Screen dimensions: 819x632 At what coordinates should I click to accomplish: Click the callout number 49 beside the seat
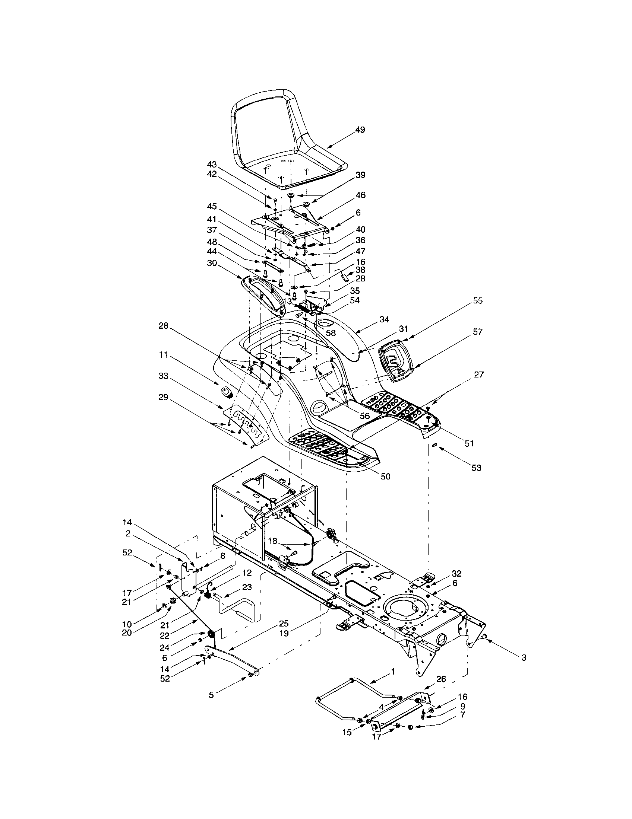tap(360, 130)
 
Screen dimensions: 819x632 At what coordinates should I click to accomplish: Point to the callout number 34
tap(384, 319)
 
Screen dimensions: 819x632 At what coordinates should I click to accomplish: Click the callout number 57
tap(478, 331)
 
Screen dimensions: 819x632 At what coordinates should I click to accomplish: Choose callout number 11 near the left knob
tap(163, 355)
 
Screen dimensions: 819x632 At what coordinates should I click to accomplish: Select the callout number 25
tap(284, 623)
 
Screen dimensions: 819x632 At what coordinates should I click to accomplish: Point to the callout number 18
tap(273, 541)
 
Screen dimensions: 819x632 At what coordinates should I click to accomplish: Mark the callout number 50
tap(385, 477)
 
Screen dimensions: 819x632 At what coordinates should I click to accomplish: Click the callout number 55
tap(478, 300)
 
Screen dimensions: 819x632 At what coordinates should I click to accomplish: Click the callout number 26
tap(441, 679)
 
